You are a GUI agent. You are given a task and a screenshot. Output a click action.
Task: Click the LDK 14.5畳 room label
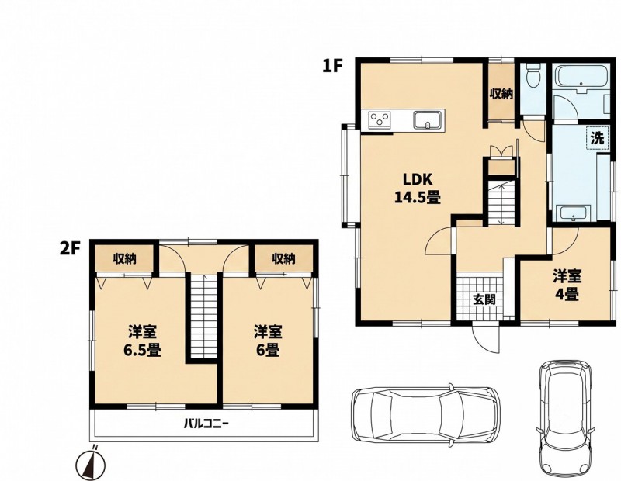point(418,188)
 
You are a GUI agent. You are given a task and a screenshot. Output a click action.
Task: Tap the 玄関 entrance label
point(484,299)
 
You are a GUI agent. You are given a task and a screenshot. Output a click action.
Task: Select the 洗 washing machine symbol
point(597,137)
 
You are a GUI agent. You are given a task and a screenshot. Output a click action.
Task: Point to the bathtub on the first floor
point(581,78)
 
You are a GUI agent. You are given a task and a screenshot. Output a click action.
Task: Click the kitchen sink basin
point(428,119)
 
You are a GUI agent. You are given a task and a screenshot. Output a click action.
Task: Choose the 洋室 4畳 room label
point(567,285)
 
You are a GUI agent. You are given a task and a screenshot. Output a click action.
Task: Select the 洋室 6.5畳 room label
point(142,341)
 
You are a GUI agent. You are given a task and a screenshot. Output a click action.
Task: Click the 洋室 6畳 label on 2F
point(268,341)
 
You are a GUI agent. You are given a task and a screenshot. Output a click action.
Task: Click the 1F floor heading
point(331,66)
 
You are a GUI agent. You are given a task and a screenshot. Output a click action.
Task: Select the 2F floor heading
point(71,248)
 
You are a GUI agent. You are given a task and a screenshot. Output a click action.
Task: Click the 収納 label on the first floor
point(501,94)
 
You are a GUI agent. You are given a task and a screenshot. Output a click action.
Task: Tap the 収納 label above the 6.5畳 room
point(125,259)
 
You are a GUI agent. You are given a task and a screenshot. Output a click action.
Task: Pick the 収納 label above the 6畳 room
point(283,259)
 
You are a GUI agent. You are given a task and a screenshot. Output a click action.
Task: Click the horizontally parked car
point(425,414)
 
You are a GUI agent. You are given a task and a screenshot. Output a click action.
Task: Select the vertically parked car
point(566,418)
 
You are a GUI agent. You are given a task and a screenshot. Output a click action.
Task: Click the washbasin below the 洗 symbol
point(574,213)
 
